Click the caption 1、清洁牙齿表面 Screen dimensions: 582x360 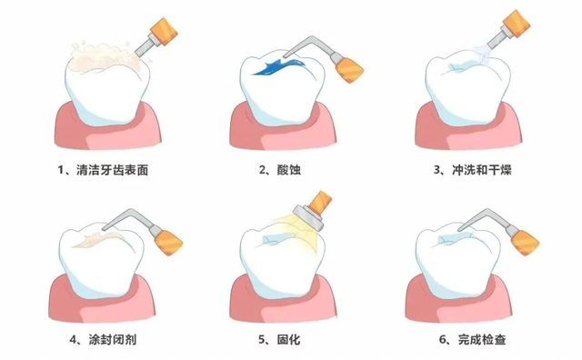pos(103,170)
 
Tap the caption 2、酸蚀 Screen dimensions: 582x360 pos(280,170)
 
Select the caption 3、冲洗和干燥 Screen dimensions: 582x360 pos(473,170)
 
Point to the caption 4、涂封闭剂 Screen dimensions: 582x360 pos(103,339)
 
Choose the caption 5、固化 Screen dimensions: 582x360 pos(279,339)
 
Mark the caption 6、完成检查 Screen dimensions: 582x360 pos(473,339)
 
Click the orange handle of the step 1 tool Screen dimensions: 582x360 pos(164,31)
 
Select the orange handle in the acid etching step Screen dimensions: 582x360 pos(349,69)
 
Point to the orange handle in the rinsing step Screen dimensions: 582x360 pos(517,24)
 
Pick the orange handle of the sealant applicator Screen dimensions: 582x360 pos(169,242)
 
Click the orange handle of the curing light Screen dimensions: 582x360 pos(320,203)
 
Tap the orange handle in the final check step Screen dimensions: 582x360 pos(526,243)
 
